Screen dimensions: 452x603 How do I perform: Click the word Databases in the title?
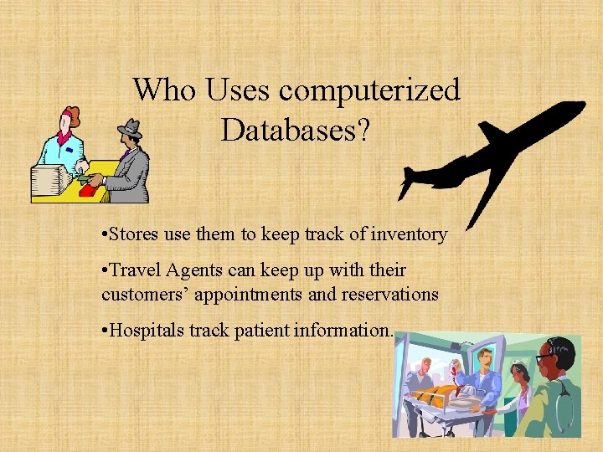[296, 129]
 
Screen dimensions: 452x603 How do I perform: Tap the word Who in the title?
[163, 89]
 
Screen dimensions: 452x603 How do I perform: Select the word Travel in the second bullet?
[135, 270]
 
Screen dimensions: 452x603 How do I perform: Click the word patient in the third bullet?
[255, 331]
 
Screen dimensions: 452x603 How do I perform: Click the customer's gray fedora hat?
[129, 127]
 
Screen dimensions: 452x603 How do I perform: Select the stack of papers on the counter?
[51, 179]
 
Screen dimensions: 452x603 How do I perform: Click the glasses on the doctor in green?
[546, 357]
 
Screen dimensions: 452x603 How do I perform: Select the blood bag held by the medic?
[457, 368]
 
